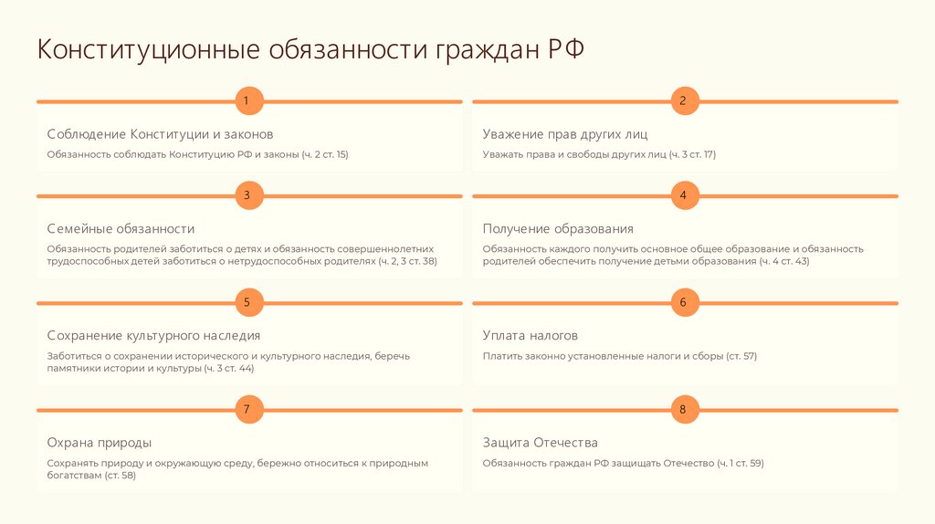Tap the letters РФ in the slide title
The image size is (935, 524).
click(565, 49)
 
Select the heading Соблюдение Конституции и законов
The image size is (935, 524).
click(160, 134)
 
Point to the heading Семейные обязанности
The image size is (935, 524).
click(121, 229)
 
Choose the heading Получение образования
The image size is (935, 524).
click(558, 229)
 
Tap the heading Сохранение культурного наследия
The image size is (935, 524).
click(153, 336)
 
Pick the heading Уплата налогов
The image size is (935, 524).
click(531, 336)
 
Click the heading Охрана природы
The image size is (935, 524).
click(100, 443)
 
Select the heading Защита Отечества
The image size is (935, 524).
click(541, 443)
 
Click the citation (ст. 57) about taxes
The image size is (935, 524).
click(741, 356)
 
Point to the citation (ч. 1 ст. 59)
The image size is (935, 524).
click(740, 463)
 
